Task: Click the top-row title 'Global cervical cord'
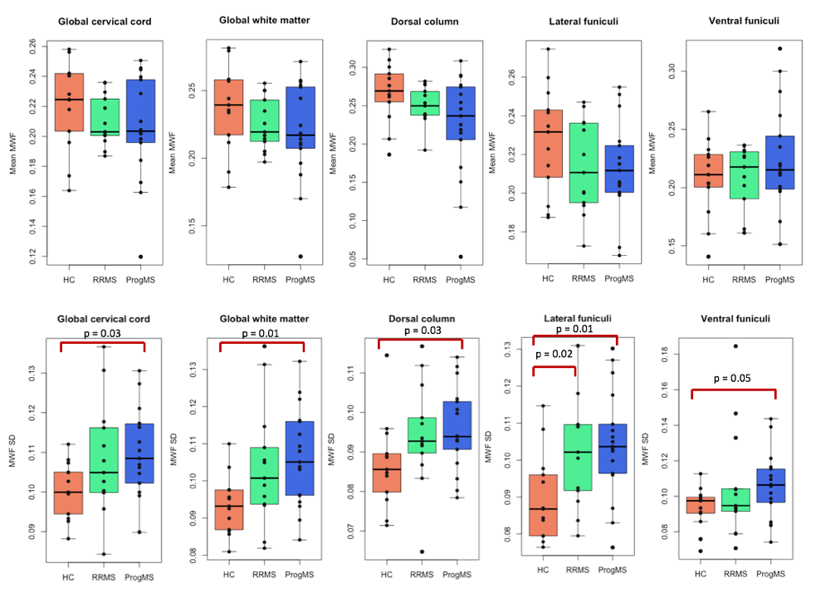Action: pyautogui.click(x=105, y=22)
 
